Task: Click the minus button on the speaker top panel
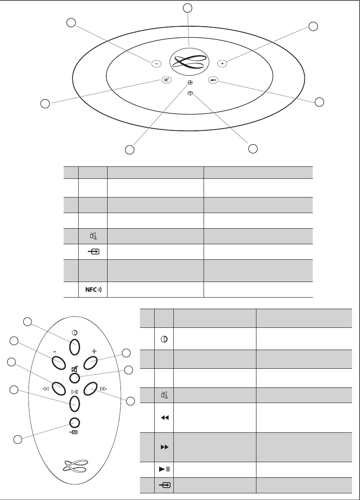pos(156,64)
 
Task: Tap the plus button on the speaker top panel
pos(222,64)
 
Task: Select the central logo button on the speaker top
pos(189,61)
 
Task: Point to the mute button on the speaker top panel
pos(166,81)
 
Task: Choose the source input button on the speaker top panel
pos(213,80)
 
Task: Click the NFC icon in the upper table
pos(93,290)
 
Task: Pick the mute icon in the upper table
pos(93,236)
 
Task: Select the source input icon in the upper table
pos(93,252)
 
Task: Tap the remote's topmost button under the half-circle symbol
pos(74,346)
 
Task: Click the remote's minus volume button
pos(58,362)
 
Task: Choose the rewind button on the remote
pos(58,388)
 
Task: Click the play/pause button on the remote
pos(74,403)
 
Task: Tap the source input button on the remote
pos(74,423)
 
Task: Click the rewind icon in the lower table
pos(164,418)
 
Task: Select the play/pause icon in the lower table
pos(164,469)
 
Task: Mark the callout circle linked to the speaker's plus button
pos(313,26)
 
